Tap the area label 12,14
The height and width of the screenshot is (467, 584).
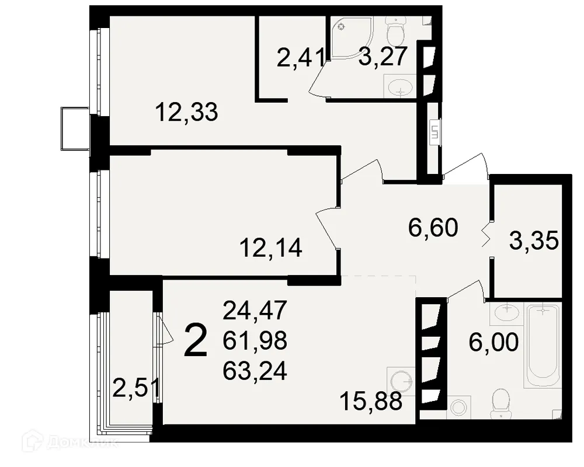[270, 249]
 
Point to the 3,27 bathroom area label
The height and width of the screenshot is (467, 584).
[382, 58]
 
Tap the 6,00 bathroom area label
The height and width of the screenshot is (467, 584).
[493, 342]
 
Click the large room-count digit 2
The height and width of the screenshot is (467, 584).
[195, 341]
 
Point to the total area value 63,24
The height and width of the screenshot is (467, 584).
[255, 371]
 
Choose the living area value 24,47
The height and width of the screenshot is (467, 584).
[255, 310]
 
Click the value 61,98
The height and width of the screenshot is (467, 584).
[255, 341]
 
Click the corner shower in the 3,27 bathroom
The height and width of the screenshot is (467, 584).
[349, 38]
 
